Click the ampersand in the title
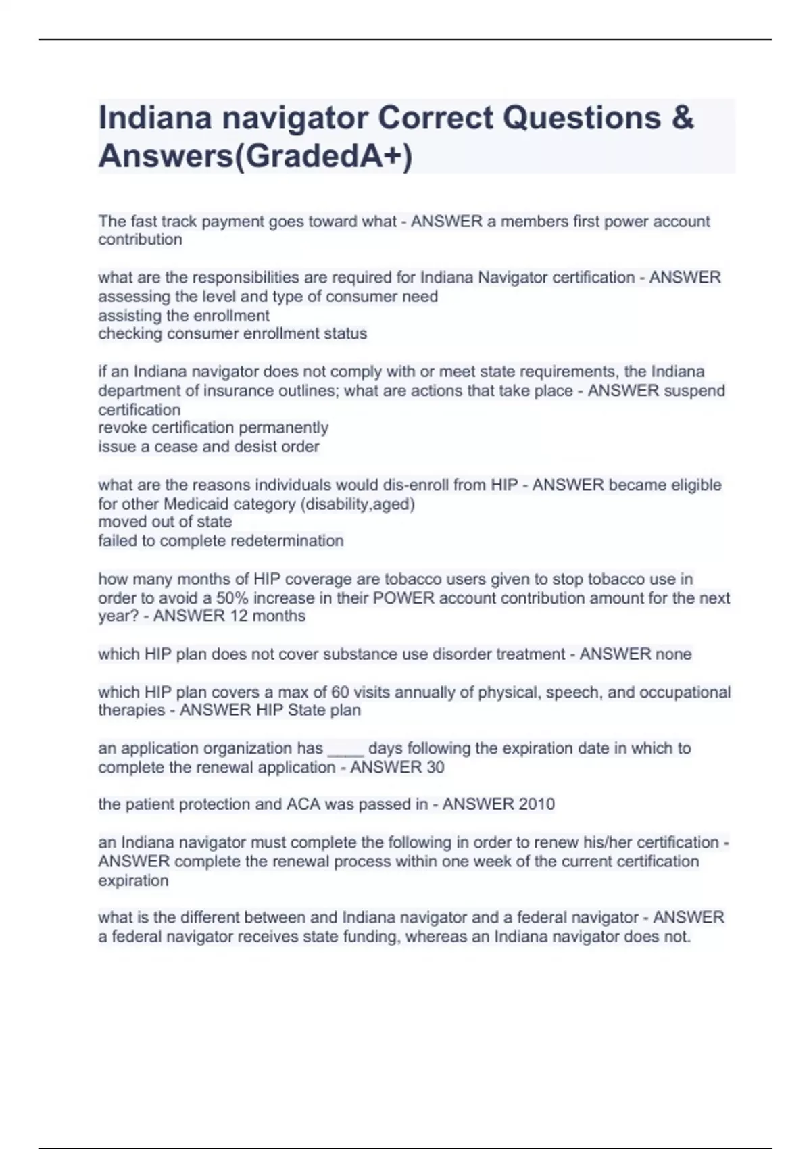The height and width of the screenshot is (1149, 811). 683,118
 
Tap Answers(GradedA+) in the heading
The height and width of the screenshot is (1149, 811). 255,156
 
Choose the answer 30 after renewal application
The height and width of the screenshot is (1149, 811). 435,767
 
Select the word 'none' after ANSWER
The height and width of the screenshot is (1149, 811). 672,654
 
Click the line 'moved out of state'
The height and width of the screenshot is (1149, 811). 165,522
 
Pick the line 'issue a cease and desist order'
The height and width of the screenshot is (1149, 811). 209,447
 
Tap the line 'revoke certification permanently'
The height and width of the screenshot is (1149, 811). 214,428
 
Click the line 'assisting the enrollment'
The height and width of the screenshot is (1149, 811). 184,316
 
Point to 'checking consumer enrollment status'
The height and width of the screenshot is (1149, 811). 232,333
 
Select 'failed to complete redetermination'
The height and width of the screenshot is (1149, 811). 221,541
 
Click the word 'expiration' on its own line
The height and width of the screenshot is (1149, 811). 133,881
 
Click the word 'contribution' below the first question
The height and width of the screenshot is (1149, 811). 140,239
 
